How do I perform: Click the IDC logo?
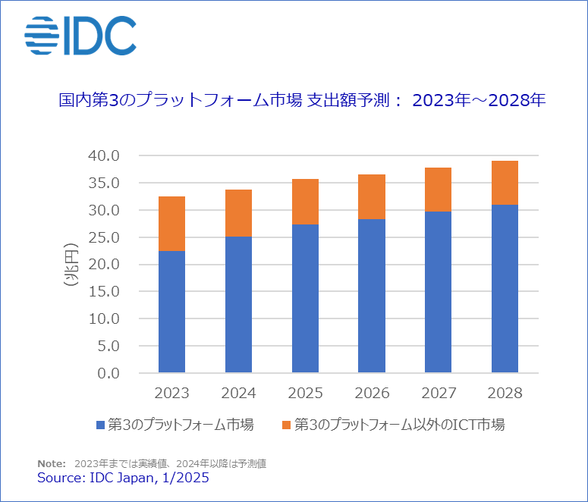click(x=80, y=36)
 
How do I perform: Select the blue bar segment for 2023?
click(x=171, y=311)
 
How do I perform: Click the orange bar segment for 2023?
click(x=171, y=224)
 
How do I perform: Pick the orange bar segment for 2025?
click(x=305, y=202)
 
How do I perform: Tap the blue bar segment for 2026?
click(x=372, y=296)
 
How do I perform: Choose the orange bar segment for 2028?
click(x=505, y=183)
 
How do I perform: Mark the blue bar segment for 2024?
click(x=238, y=304)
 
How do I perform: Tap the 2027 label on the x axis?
click(x=439, y=394)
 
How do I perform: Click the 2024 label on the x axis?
click(x=238, y=394)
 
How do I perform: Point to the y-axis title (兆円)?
click(x=73, y=264)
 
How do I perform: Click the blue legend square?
click(x=102, y=425)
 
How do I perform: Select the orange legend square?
click(x=285, y=425)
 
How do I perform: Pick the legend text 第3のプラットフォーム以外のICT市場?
click(x=399, y=425)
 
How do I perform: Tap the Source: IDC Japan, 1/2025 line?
click(x=123, y=478)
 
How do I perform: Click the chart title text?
click(x=302, y=100)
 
